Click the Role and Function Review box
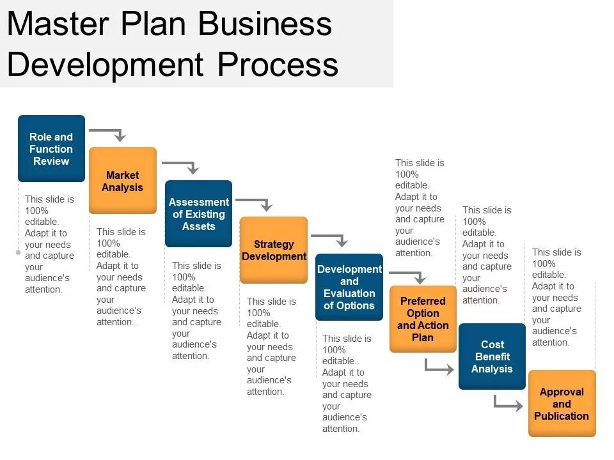[x=51, y=149]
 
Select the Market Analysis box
[x=122, y=181]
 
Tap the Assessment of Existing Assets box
[x=198, y=214]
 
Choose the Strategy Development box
[x=273, y=250]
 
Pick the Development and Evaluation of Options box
[x=349, y=287]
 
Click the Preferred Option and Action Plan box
[x=423, y=319]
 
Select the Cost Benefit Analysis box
[x=492, y=356]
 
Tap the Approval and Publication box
[x=562, y=404]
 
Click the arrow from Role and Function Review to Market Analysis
[x=109, y=132]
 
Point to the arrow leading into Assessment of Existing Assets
[x=182, y=165]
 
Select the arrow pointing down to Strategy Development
[x=256, y=203]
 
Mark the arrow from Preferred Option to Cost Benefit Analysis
[x=439, y=367]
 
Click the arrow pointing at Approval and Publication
[x=508, y=404]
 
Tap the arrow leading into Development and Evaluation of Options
[x=331, y=238]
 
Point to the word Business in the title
[x=265, y=24]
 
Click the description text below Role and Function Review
[x=49, y=244]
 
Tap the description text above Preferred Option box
[x=420, y=208]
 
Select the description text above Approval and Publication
[x=556, y=297]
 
